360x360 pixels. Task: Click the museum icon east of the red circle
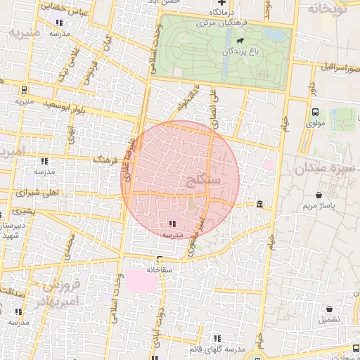tap(260, 205)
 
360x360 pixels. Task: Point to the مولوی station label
tap(314, 123)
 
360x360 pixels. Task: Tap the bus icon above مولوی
tap(314, 111)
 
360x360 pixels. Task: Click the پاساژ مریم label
tap(320, 206)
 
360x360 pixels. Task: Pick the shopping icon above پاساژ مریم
tap(320, 195)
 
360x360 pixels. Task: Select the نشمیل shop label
tap(328, 319)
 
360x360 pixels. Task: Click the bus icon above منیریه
tap(25, 90)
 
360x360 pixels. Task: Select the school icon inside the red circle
tap(173, 224)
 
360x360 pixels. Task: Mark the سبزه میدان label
tap(325, 168)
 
